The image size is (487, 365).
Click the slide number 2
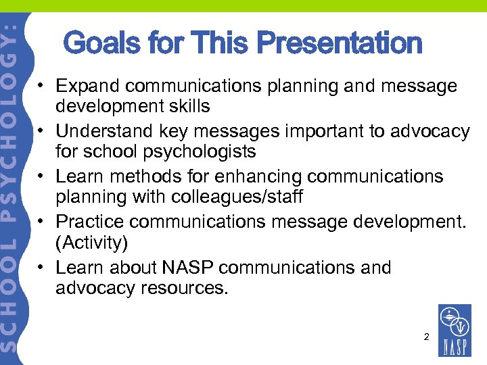coord(426,336)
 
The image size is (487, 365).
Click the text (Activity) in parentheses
coord(91,241)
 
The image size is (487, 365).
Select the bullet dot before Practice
coord(41,222)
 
